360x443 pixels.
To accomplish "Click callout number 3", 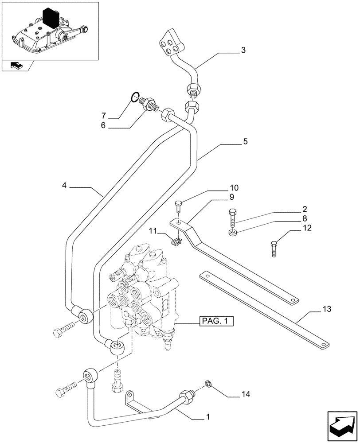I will click(x=243, y=50).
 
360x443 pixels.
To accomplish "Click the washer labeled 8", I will click(x=232, y=233).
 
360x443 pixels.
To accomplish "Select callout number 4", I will click(x=64, y=187).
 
